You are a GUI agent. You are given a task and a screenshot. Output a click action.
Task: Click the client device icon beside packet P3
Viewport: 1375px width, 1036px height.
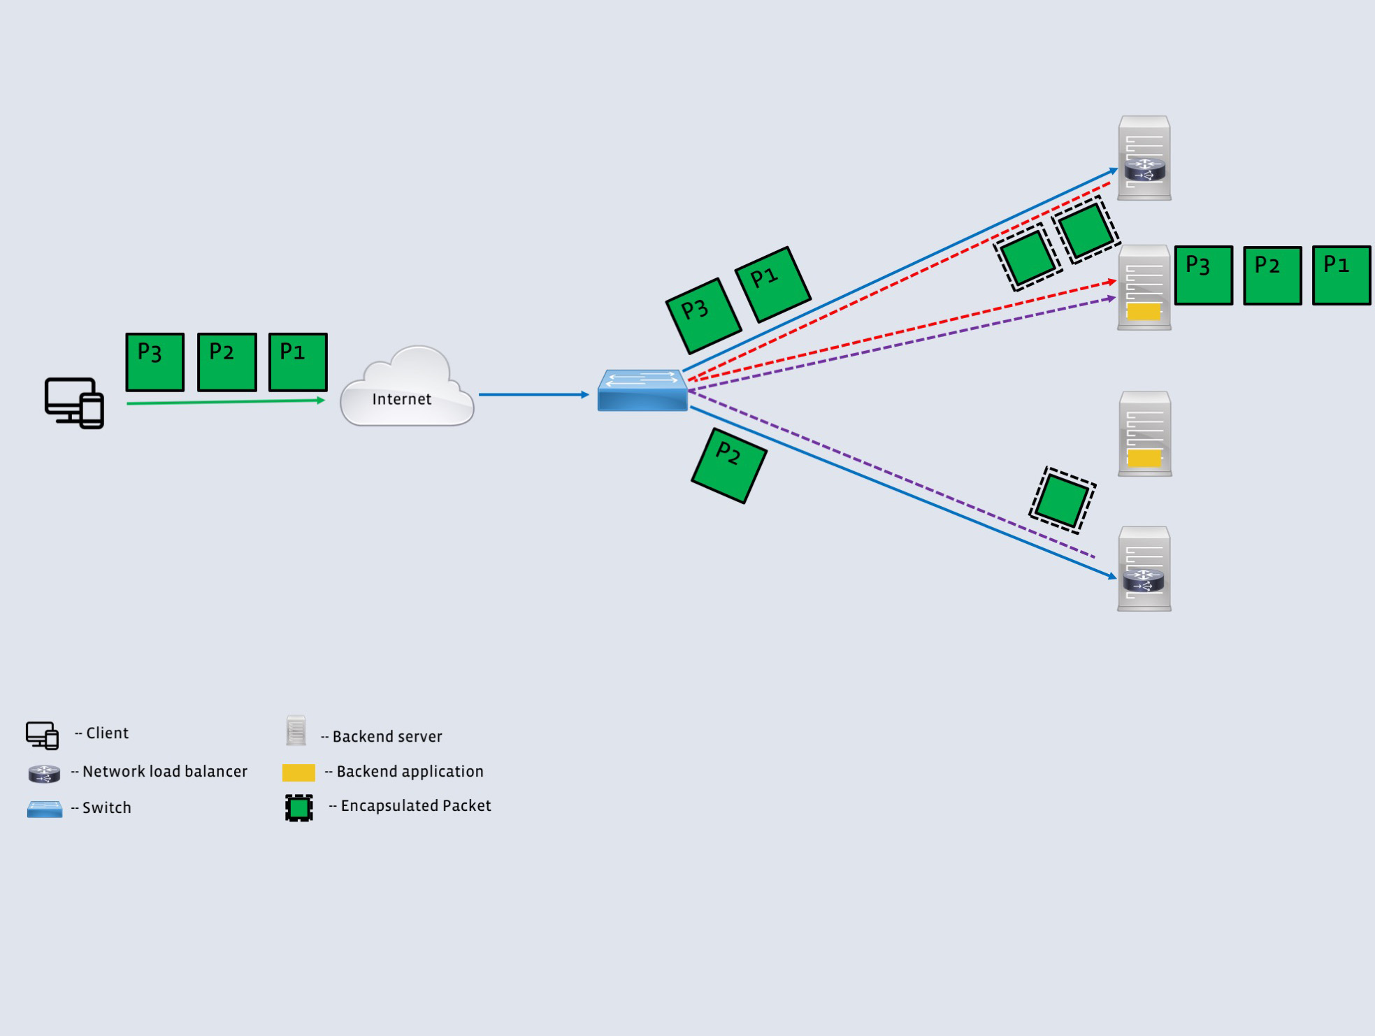pos(74,403)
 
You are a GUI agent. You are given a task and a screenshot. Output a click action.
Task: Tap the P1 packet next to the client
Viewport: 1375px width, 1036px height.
pos(298,362)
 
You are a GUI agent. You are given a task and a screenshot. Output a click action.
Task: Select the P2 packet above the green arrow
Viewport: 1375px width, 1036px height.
pos(226,362)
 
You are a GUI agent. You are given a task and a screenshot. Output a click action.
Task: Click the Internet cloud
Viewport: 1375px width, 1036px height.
pos(406,389)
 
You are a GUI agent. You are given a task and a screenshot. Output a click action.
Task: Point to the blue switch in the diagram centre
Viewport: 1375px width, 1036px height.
pos(642,391)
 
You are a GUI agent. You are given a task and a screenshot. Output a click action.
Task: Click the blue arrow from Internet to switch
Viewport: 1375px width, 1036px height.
pos(533,395)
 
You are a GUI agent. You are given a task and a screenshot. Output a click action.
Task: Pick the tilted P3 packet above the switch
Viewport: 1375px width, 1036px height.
pos(703,316)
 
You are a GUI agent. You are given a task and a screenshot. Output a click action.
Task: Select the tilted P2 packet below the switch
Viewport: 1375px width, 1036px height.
pos(729,466)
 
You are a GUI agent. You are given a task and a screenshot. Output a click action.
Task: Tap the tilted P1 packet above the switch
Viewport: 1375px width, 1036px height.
pos(772,285)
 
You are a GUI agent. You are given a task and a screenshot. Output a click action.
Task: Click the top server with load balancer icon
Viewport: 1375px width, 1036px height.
pos(1144,159)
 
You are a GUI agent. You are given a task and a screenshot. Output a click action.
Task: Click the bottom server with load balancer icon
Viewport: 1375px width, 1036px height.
pos(1144,569)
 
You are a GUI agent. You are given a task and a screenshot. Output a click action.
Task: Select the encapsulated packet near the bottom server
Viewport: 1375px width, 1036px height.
pos(1062,500)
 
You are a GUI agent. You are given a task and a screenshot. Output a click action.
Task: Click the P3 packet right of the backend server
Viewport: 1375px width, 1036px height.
pos(1203,275)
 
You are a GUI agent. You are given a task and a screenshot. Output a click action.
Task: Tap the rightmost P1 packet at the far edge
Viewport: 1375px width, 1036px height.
pos(1341,275)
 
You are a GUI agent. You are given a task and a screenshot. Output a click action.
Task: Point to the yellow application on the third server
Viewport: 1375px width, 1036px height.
pos(1144,459)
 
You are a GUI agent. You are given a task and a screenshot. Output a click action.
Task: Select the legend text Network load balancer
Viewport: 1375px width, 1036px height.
pos(165,772)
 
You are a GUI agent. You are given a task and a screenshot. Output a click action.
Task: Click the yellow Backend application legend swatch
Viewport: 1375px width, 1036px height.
pos(298,772)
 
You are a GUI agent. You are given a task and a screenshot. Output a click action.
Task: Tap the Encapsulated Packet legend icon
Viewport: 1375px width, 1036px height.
pos(299,808)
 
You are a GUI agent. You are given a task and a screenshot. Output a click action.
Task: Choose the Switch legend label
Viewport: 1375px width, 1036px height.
pos(106,808)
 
